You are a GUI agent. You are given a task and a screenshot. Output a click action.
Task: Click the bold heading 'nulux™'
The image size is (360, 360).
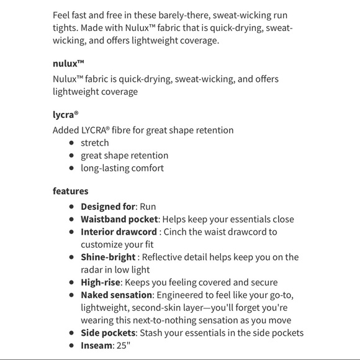[x=68, y=63]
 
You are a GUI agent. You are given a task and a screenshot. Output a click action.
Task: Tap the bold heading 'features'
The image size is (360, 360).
[x=70, y=191]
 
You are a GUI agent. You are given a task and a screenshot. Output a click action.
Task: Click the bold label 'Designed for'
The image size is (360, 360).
[x=108, y=206]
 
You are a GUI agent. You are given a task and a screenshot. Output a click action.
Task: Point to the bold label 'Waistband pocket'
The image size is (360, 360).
[x=119, y=219]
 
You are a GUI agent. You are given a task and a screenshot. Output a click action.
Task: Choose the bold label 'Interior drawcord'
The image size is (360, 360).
[x=118, y=232]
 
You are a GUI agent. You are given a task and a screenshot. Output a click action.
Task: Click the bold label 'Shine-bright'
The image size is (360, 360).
[x=108, y=257]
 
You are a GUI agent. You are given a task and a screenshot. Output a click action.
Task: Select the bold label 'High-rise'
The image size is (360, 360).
[x=101, y=282]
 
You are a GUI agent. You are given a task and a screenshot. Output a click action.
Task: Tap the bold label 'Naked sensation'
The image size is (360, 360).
[x=116, y=295]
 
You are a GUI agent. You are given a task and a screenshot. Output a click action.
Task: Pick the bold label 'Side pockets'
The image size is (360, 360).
[x=107, y=333]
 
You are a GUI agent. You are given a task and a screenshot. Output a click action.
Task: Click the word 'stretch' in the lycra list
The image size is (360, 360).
[x=94, y=143]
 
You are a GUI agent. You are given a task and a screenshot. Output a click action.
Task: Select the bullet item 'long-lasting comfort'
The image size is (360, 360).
[x=122, y=168]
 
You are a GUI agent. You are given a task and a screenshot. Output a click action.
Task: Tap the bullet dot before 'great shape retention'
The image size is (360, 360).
[x=72, y=156]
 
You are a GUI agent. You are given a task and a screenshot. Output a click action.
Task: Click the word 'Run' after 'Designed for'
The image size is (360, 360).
[x=148, y=206]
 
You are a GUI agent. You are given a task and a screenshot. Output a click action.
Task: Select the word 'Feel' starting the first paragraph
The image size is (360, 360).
[x=63, y=14]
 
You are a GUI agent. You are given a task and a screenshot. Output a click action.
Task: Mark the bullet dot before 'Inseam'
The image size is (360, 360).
[x=72, y=346]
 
